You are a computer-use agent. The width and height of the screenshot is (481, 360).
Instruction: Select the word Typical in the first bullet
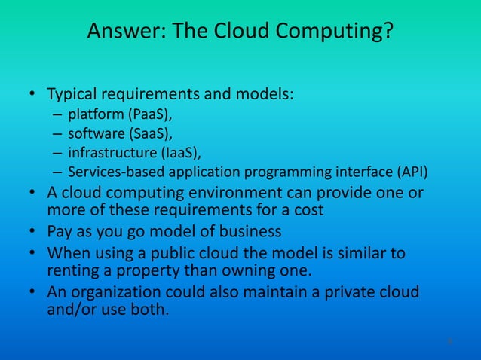(72, 96)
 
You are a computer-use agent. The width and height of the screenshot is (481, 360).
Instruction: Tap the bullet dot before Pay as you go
(32, 231)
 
